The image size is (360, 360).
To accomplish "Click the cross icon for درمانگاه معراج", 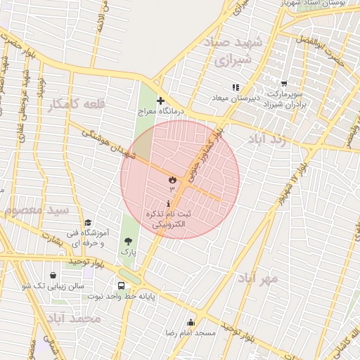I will click(161, 101).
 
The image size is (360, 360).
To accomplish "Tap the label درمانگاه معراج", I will click(165, 112).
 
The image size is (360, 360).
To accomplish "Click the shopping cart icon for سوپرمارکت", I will click(283, 84).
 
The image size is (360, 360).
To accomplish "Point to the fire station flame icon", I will click(171, 180).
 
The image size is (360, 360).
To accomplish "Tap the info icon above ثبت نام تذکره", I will click(168, 202).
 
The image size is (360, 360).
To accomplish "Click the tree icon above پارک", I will click(127, 241).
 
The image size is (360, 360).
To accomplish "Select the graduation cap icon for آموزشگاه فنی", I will click(87, 223).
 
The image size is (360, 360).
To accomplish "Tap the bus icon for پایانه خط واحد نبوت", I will click(122, 286).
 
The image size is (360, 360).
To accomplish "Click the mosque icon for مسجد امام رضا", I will click(191, 322).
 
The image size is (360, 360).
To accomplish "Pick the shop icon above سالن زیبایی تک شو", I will click(54, 276).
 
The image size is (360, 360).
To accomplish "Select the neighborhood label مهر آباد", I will click(258, 278).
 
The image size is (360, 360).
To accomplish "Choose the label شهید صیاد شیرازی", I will click(238, 52).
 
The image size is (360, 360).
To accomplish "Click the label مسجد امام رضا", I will click(190, 332).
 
